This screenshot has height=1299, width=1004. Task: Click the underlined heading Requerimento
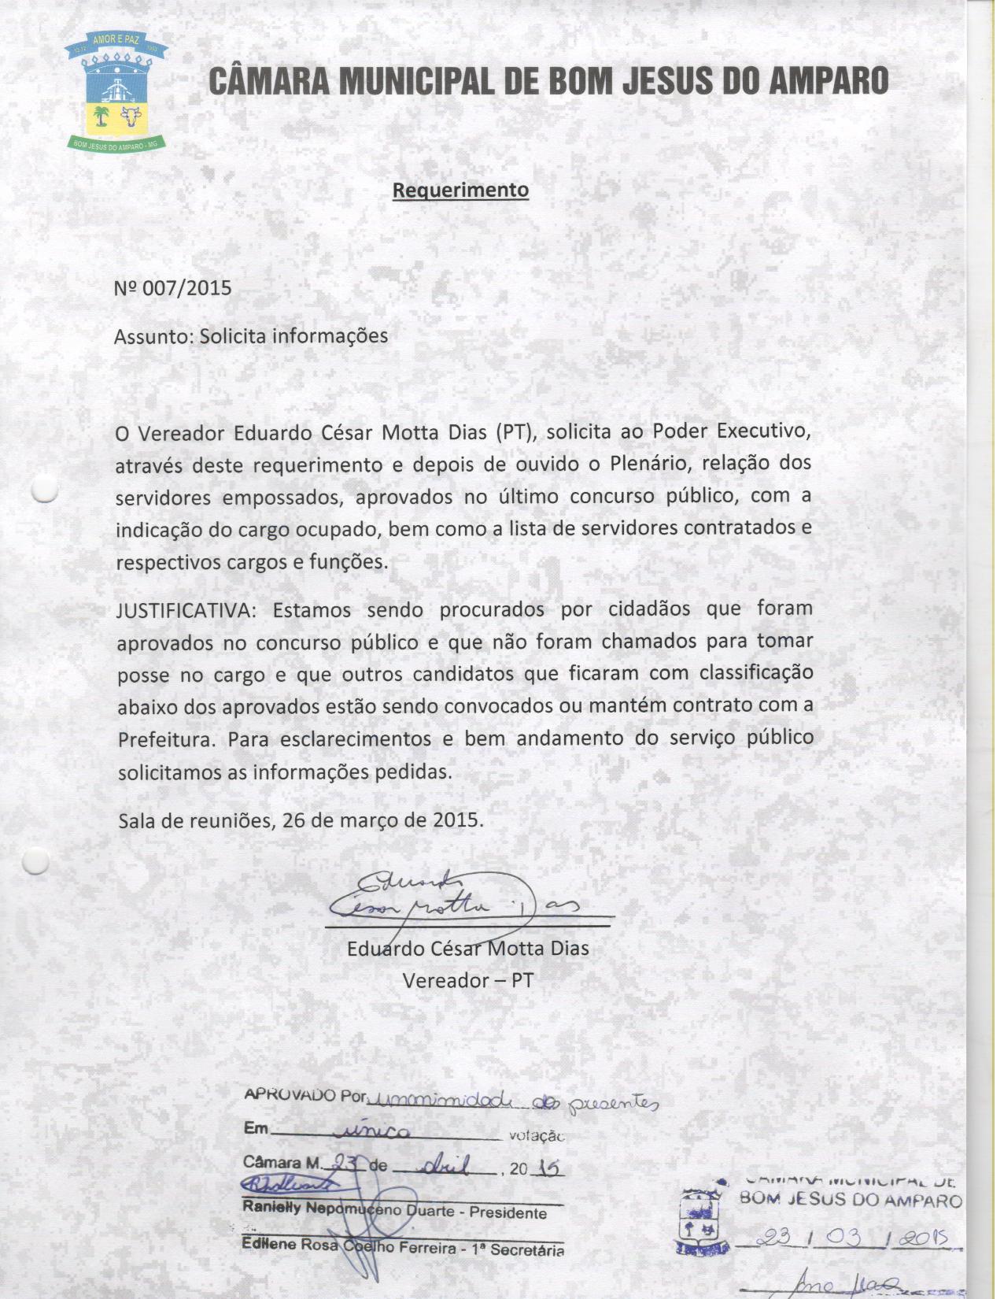click(x=460, y=191)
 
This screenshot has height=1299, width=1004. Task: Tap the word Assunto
click(x=153, y=337)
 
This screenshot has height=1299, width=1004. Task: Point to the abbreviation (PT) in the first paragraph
click(x=515, y=433)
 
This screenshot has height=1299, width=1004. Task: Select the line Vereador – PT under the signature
click(x=467, y=981)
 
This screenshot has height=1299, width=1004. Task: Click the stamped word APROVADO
click(x=290, y=1095)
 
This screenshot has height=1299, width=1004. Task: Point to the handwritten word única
click(x=372, y=1132)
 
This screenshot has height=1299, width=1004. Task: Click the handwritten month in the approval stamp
click(x=445, y=1166)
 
